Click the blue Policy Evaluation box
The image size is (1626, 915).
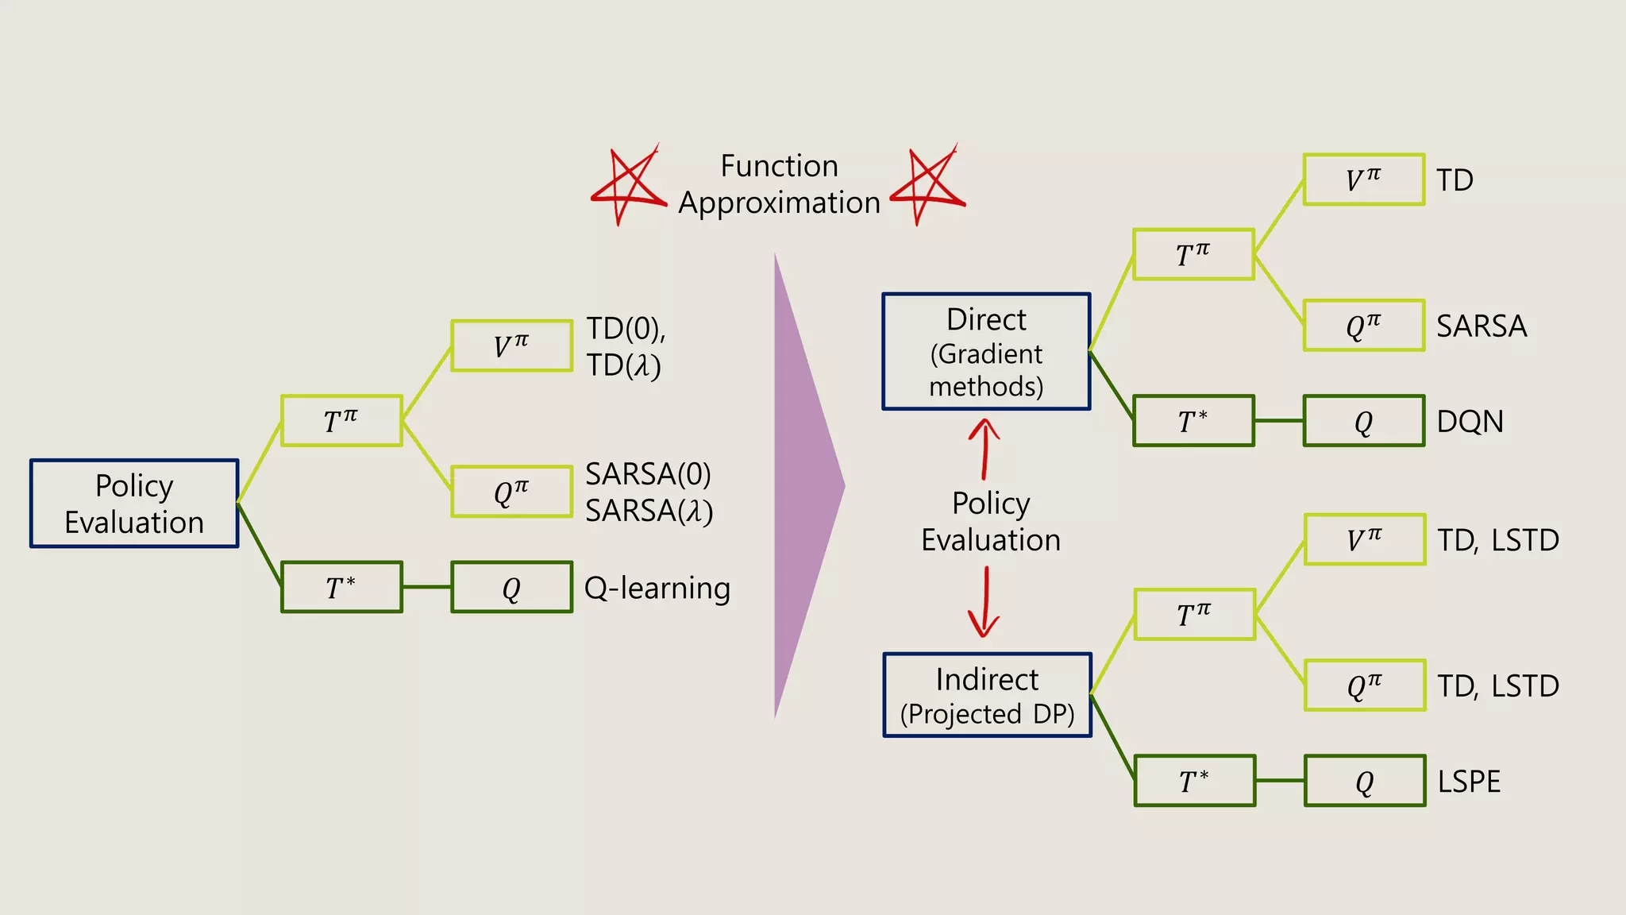[134, 504]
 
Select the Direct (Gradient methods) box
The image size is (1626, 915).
[986, 352]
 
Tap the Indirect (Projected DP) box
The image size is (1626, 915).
[987, 695]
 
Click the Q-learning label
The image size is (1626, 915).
[657, 588]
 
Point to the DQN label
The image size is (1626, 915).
[1470, 421]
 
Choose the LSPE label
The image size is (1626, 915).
[1469, 782]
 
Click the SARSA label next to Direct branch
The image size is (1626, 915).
[1482, 326]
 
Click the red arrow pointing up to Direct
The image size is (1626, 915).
[984, 449]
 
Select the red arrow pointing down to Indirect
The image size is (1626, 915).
[984, 602]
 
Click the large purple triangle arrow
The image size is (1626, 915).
[802, 486]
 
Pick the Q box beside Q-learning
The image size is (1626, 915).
[511, 588]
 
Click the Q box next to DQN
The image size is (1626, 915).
[1363, 421]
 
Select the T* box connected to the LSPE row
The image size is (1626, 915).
[1194, 782]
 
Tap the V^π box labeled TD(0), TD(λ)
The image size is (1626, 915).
[511, 346]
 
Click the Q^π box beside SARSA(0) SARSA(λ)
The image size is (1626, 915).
[511, 492]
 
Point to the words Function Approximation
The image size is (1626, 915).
[779, 184]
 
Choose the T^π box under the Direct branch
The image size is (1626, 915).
[1193, 255]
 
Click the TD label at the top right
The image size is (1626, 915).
[1455, 180]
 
